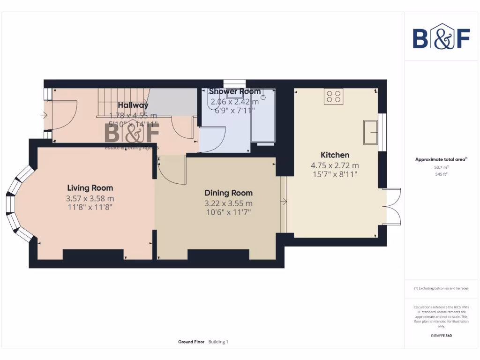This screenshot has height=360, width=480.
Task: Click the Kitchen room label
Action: click(335, 155)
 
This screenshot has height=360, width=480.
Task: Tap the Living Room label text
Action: click(90, 188)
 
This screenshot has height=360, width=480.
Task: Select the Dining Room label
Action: click(228, 193)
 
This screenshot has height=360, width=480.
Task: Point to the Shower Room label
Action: click(234, 91)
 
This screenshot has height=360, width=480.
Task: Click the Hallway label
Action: click(133, 105)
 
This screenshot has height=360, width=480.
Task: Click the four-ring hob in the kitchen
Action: click(333, 97)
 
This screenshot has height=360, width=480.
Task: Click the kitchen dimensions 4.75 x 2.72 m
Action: click(335, 165)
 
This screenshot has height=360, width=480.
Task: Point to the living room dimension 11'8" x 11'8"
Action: click(90, 207)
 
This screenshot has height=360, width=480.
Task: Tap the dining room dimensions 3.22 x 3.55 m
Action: click(228, 203)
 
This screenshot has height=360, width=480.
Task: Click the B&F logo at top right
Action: click(441, 37)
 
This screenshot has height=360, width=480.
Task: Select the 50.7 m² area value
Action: click(441, 167)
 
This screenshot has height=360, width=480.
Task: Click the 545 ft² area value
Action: click(441, 174)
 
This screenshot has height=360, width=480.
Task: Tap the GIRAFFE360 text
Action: click(441, 336)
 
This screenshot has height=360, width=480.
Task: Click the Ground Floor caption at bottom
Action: click(191, 342)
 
